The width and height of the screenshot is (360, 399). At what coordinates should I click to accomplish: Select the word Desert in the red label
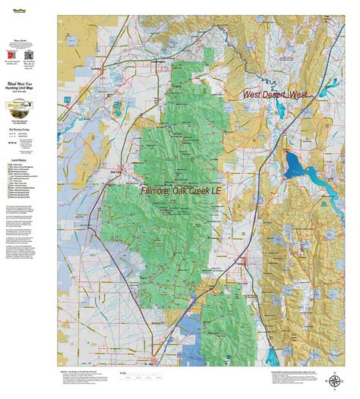click(x=277, y=95)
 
